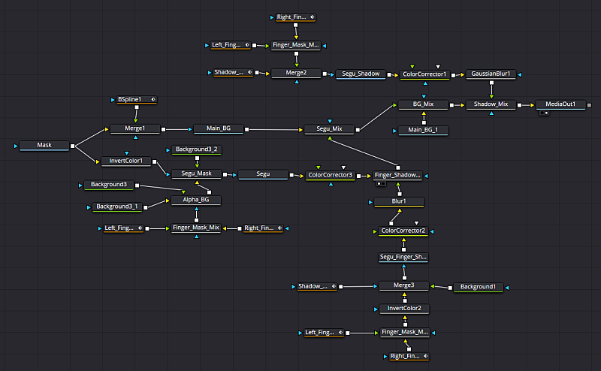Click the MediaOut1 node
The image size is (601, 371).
pyautogui.click(x=560, y=104)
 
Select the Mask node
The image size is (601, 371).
pyautogui.click(x=44, y=145)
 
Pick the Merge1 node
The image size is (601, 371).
pyautogui.click(x=135, y=129)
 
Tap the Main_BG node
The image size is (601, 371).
pyautogui.click(x=219, y=129)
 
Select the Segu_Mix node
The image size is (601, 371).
pyautogui.click(x=329, y=129)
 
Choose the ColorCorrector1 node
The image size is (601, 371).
pyautogui.click(x=424, y=74)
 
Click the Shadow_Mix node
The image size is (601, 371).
pyautogui.click(x=491, y=104)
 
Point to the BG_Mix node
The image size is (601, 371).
pyautogui.click(x=424, y=104)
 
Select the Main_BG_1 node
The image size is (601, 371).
pyautogui.click(x=424, y=130)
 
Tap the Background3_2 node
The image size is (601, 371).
pyautogui.click(x=197, y=149)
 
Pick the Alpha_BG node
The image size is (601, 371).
pyautogui.click(x=196, y=200)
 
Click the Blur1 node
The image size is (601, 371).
pyautogui.click(x=399, y=202)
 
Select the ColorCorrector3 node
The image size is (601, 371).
pyautogui.click(x=331, y=175)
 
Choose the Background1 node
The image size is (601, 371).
pyautogui.click(x=478, y=287)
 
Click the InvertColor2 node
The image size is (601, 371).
pyautogui.click(x=403, y=309)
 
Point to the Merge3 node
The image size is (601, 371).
pyautogui.click(x=403, y=285)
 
